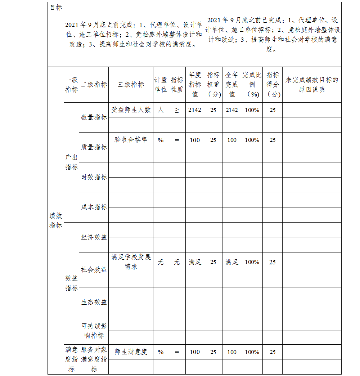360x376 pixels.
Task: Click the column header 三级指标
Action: pyautogui.click(x=131, y=85)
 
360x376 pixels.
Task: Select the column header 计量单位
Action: pyautogui.click(x=161, y=85)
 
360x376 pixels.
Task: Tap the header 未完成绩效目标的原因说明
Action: pyautogui.click(x=311, y=85)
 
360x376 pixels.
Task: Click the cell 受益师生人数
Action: pyautogui.click(x=131, y=110)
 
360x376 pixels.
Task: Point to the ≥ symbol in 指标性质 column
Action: pyautogui.click(x=177, y=110)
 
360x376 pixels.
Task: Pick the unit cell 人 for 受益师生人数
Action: pyautogui.click(x=161, y=110)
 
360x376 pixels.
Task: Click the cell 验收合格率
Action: pyautogui.click(x=131, y=140)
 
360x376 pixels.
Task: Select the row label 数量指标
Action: pyautogui.click(x=94, y=117)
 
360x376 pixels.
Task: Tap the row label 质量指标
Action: pyautogui.click(x=94, y=147)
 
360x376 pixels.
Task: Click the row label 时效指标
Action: pyautogui.click(x=94, y=177)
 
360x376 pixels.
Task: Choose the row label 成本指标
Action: pyautogui.click(x=94, y=207)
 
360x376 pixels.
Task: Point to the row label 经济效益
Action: pyautogui.click(x=94, y=237)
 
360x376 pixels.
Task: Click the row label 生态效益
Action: pyautogui.click(x=94, y=302)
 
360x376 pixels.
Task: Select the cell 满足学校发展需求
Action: pyautogui.click(x=131, y=262)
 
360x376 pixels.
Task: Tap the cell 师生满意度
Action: pyautogui.click(x=131, y=352)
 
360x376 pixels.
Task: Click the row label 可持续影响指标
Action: pyautogui.click(x=94, y=331)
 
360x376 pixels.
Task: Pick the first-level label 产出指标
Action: pyautogui.click(x=71, y=162)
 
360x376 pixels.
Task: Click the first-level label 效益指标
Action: pyautogui.click(x=71, y=283)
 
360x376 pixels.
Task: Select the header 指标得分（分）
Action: pyautogui.click(x=273, y=85)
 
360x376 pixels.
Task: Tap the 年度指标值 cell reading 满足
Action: pyautogui.click(x=195, y=262)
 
